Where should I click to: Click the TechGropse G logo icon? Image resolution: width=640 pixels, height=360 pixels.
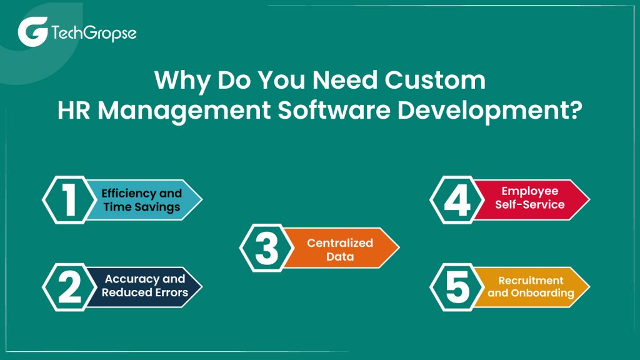(31, 32)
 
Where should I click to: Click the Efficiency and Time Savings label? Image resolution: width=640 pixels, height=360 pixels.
(142, 200)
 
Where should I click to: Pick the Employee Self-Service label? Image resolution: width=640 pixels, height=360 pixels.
(530, 197)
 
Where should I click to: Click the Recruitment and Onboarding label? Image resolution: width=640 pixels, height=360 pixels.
(530, 286)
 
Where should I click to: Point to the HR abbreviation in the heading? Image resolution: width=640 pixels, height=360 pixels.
(74, 111)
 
